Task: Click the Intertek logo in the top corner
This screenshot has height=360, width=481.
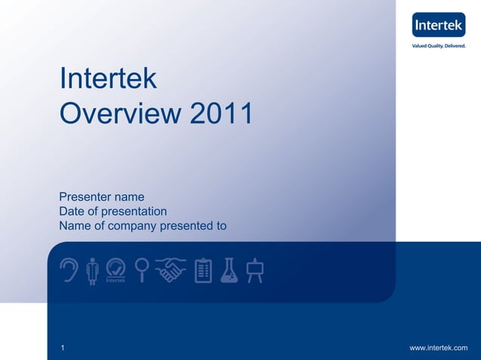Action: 438,25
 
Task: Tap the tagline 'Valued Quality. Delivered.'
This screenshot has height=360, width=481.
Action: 438,46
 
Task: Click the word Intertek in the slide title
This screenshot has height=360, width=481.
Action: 108,79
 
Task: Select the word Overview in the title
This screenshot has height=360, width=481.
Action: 121,114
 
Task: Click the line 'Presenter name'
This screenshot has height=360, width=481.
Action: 102,197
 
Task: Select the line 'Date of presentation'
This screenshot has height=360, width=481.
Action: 113,212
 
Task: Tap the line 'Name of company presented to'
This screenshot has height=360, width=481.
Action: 142,226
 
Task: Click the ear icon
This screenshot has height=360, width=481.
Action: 69,270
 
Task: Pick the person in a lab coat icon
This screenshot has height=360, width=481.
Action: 93,270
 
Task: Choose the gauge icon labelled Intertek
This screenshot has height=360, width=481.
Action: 115,270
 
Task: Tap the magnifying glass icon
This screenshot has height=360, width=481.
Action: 141,270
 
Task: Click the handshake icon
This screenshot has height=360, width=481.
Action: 170,269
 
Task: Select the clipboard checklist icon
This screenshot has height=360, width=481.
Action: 203,270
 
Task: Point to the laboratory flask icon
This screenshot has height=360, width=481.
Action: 229,270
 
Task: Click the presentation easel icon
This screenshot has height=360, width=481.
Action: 255,270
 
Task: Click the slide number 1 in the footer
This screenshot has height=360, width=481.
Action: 63,347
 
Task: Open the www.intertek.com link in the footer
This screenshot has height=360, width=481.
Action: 438,347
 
